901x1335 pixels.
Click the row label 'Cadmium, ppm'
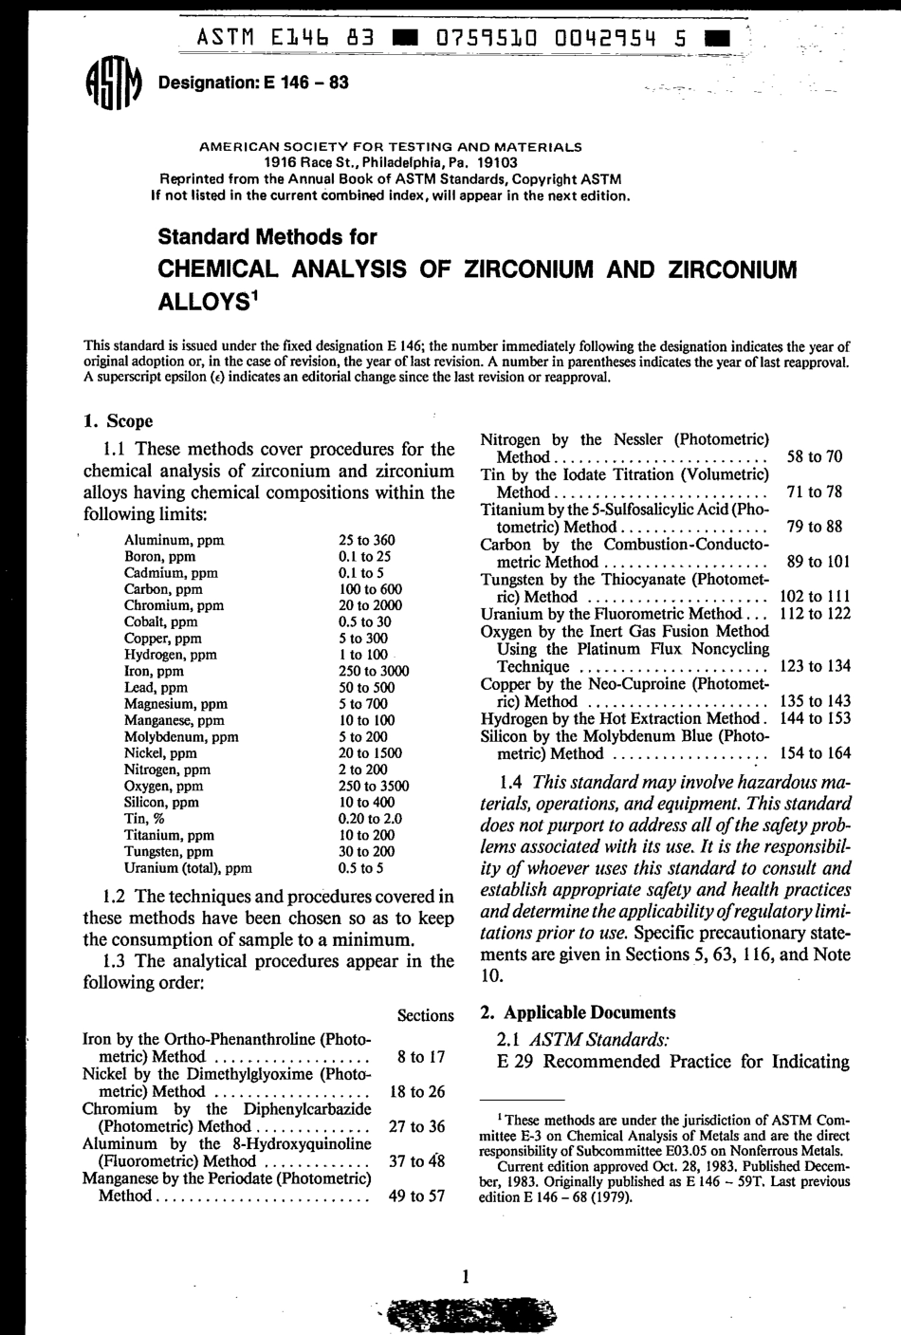[x=171, y=572]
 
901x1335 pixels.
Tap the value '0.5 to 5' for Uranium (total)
[x=360, y=867]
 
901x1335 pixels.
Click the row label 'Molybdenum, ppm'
[x=181, y=736]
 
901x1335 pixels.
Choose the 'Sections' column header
[x=426, y=1015]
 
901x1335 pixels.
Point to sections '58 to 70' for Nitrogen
[x=815, y=456]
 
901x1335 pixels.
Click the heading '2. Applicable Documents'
[x=579, y=1012]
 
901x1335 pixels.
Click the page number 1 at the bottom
[x=466, y=1277]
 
